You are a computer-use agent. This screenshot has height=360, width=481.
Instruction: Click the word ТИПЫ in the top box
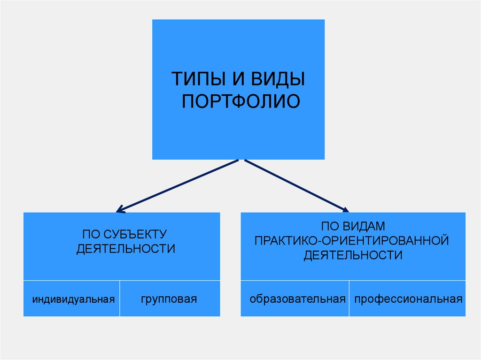point(197,79)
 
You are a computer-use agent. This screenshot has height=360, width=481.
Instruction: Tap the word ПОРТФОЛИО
point(240,102)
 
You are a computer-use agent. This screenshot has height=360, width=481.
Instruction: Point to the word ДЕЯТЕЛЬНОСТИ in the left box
point(125,249)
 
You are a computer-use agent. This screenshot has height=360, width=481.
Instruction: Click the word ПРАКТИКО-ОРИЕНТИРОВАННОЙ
point(352,241)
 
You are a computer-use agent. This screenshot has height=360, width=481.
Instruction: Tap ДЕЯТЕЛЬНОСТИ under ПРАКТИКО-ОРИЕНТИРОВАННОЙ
point(353,256)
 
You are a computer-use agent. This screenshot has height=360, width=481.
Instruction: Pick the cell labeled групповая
point(168,299)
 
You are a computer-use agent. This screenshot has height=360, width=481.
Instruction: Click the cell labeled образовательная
point(298,299)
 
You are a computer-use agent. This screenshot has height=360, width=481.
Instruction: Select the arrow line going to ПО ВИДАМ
point(294,184)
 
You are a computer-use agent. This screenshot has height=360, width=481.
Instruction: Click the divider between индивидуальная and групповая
point(120,299)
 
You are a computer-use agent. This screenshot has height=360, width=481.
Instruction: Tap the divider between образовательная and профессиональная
point(349,299)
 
